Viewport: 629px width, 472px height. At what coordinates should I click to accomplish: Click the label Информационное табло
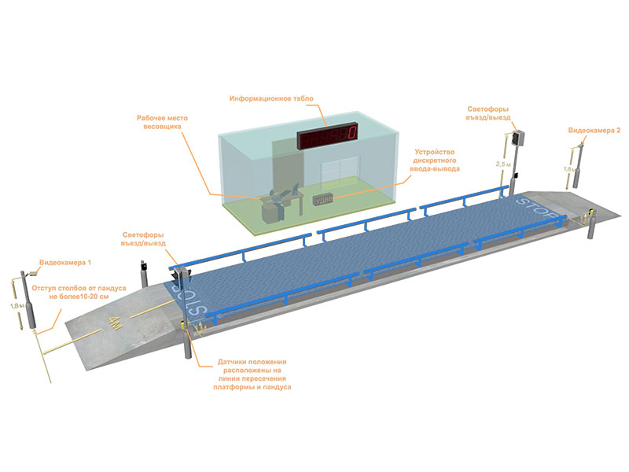[271, 99]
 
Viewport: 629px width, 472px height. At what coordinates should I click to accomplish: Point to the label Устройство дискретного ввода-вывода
[436, 160]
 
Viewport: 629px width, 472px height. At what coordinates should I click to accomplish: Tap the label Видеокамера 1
[66, 261]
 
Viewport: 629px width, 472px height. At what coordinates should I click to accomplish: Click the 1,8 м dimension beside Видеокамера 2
[568, 168]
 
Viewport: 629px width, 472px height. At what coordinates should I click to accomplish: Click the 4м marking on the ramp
[117, 322]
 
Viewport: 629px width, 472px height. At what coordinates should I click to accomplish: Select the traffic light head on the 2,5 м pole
[516, 139]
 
